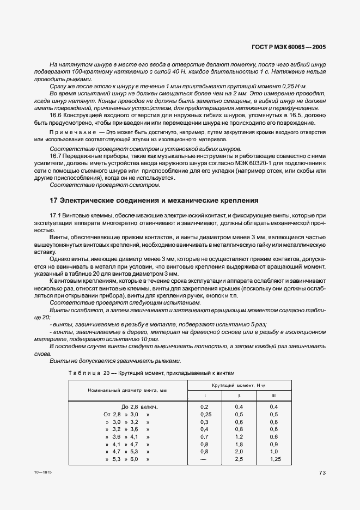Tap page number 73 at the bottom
pyautogui.click(x=322, y=473)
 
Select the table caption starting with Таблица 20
pyautogui.click(x=151, y=373)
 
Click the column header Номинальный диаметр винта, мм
pyautogui.click(x=127, y=390)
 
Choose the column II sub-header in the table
pyautogui.click(x=239, y=395)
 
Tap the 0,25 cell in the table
pyautogui.click(x=204, y=414)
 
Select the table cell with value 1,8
pyautogui.click(x=239, y=445)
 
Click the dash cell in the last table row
pyautogui.click(x=204, y=459)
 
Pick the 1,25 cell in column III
pyautogui.click(x=274, y=459)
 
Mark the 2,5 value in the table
pyautogui.click(x=239, y=459)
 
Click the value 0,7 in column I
pyautogui.click(x=204, y=437)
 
